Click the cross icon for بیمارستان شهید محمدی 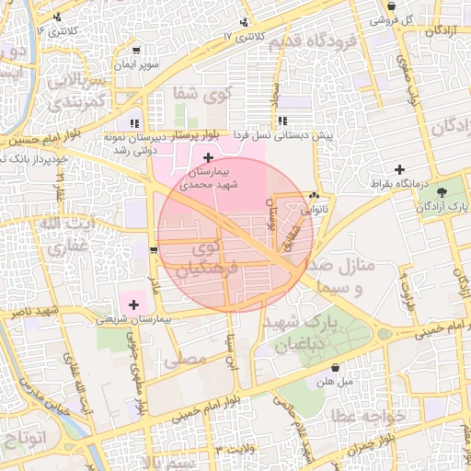(x=208, y=158)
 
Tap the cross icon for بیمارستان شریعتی (x=134, y=304)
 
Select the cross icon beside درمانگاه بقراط (x=399, y=169)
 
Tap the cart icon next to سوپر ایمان (x=137, y=51)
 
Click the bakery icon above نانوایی (x=315, y=196)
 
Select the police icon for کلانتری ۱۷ (x=243, y=22)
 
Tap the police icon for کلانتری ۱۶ (x=58, y=17)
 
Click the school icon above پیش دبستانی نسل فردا (x=281, y=121)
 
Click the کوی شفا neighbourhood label (x=196, y=93)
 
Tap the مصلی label (x=190, y=362)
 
